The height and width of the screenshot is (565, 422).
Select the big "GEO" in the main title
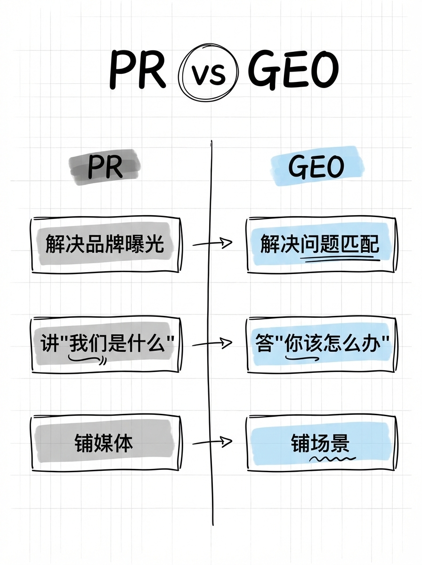[293, 72]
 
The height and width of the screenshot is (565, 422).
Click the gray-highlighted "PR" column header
[105, 167]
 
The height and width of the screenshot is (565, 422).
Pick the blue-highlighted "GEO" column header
[316, 166]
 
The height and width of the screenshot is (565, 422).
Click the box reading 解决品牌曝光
[105, 245]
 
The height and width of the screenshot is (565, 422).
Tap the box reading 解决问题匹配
[320, 245]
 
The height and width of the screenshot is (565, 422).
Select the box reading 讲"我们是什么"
[105, 345]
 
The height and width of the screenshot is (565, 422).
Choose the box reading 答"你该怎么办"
[320, 345]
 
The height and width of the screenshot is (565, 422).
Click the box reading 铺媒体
[105, 443]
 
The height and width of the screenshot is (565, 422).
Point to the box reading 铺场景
[320, 443]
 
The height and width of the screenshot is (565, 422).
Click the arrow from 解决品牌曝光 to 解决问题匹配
[212, 243]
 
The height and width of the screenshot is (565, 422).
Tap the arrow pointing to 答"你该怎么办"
[212, 344]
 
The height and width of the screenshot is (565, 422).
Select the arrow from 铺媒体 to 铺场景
[212, 442]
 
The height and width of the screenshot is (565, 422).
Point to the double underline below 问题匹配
[340, 258]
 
